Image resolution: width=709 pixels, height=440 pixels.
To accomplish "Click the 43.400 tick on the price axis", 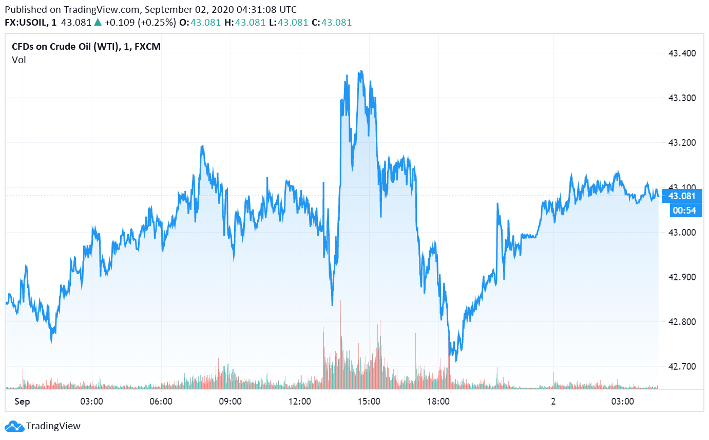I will pyautogui.click(x=681, y=53).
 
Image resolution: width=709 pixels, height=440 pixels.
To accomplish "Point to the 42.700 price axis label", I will pyautogui.click(x=681, y=367).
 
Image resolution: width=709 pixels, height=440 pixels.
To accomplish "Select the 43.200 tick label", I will pyautogui.click(x=681, y=143).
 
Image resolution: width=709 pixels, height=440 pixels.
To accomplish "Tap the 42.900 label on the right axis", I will pyautogui.click(x=681, y=277).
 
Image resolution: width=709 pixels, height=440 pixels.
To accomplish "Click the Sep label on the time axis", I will pyautogui.click(x=22, y=401).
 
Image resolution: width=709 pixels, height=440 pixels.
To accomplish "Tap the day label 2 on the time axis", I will pyautogui.click(x=553, y=401).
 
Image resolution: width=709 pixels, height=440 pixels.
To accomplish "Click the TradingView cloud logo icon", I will pyautogui.click(x=14, y=426).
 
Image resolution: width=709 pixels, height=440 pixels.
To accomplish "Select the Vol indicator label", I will pyautogui.click(x=19, y=60).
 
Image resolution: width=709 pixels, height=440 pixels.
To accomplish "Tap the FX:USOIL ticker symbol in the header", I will pyautogui.click(x=26, y=23).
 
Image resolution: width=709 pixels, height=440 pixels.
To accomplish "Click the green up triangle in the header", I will pyautogui.click(x=98, y=23).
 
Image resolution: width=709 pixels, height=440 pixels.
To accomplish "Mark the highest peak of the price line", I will pyautogui.click(x=361, y=71).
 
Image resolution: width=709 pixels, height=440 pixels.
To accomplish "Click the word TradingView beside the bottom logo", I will pyautogui.click(x=53, y=426).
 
